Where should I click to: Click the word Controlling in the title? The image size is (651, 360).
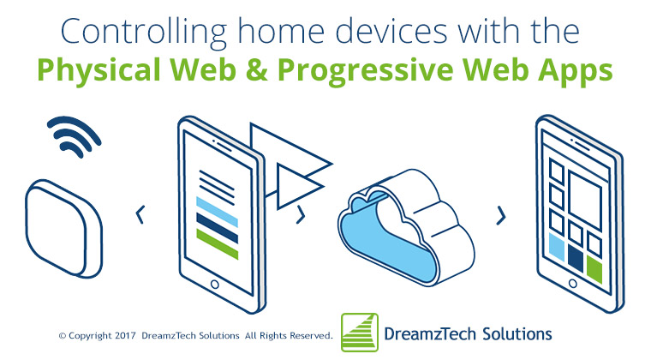tap(144, 32)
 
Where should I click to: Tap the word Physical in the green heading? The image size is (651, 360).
tap(99, 69)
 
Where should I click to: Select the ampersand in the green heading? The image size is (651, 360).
tap(257, 69)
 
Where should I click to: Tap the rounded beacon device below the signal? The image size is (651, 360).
tap(64, 229)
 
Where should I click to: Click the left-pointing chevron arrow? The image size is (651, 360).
tap(140, 214)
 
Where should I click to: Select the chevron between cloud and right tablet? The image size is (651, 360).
tap(502, 215)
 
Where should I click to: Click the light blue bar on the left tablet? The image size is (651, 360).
tap(217, 213)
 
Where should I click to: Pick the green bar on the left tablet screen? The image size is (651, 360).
tap(217, 244)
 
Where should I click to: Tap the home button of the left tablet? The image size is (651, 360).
tap(215, 285)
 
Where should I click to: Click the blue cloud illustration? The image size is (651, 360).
tap(406, 227)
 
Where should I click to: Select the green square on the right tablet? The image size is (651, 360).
tap(594, 269)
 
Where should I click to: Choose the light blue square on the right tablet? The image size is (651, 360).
tap(557, 247)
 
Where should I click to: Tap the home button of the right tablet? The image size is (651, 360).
tap(572, 284)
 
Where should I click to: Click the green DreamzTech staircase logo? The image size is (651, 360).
tap(360, 333)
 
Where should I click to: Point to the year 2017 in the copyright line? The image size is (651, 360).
tap(125, 335)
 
